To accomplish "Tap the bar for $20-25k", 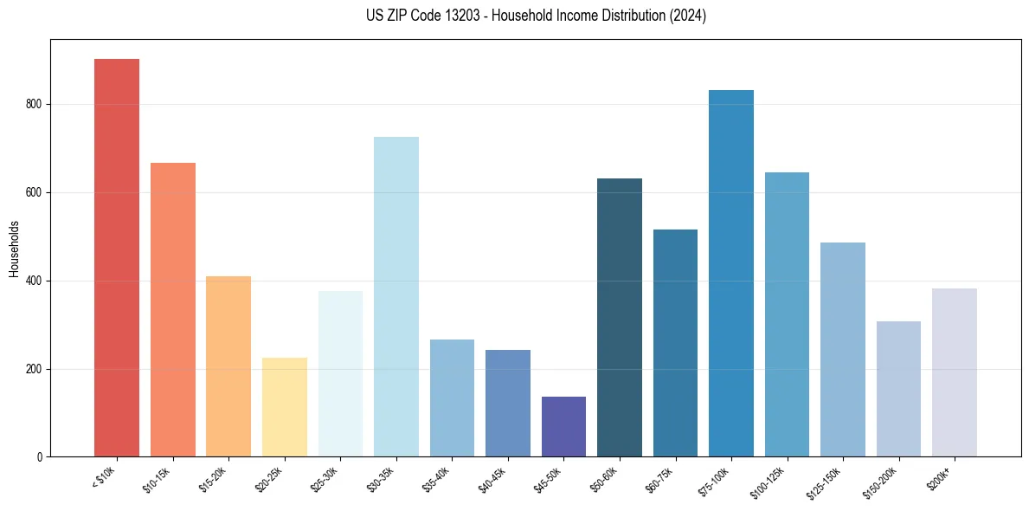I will pos(285,407).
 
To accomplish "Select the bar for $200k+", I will pos(955,372).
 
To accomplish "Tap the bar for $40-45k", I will pos(508,403).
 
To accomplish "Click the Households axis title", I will pos(14,249).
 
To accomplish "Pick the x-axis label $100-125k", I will pos(770,482).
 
